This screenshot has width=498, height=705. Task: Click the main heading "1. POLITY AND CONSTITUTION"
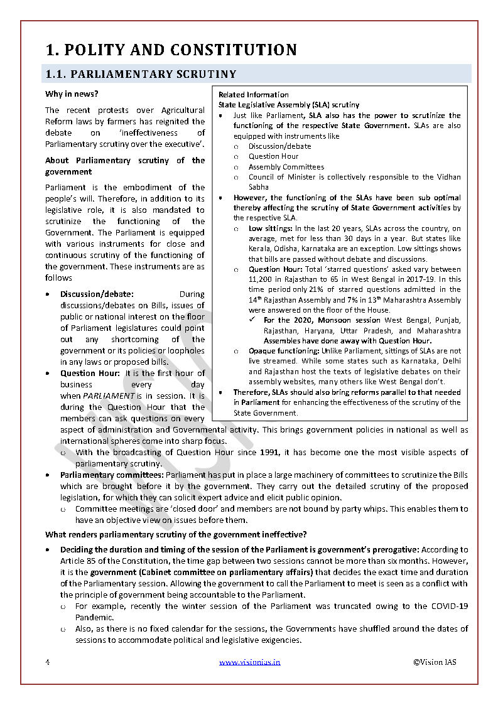point(171,50)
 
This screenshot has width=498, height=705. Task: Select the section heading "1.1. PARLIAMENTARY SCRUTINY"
point(140,74)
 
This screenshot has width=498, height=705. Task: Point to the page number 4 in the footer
point(47,662)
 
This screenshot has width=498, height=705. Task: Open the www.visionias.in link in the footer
point(249,662)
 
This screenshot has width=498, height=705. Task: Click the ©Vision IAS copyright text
point(435,662)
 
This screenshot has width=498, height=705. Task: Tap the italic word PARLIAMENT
point(109,396)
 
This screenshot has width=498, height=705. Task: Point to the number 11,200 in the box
point(262,279)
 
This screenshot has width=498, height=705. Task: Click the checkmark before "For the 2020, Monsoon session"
point(252,320)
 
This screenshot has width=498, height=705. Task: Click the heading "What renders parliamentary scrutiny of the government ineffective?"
point(176,535)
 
